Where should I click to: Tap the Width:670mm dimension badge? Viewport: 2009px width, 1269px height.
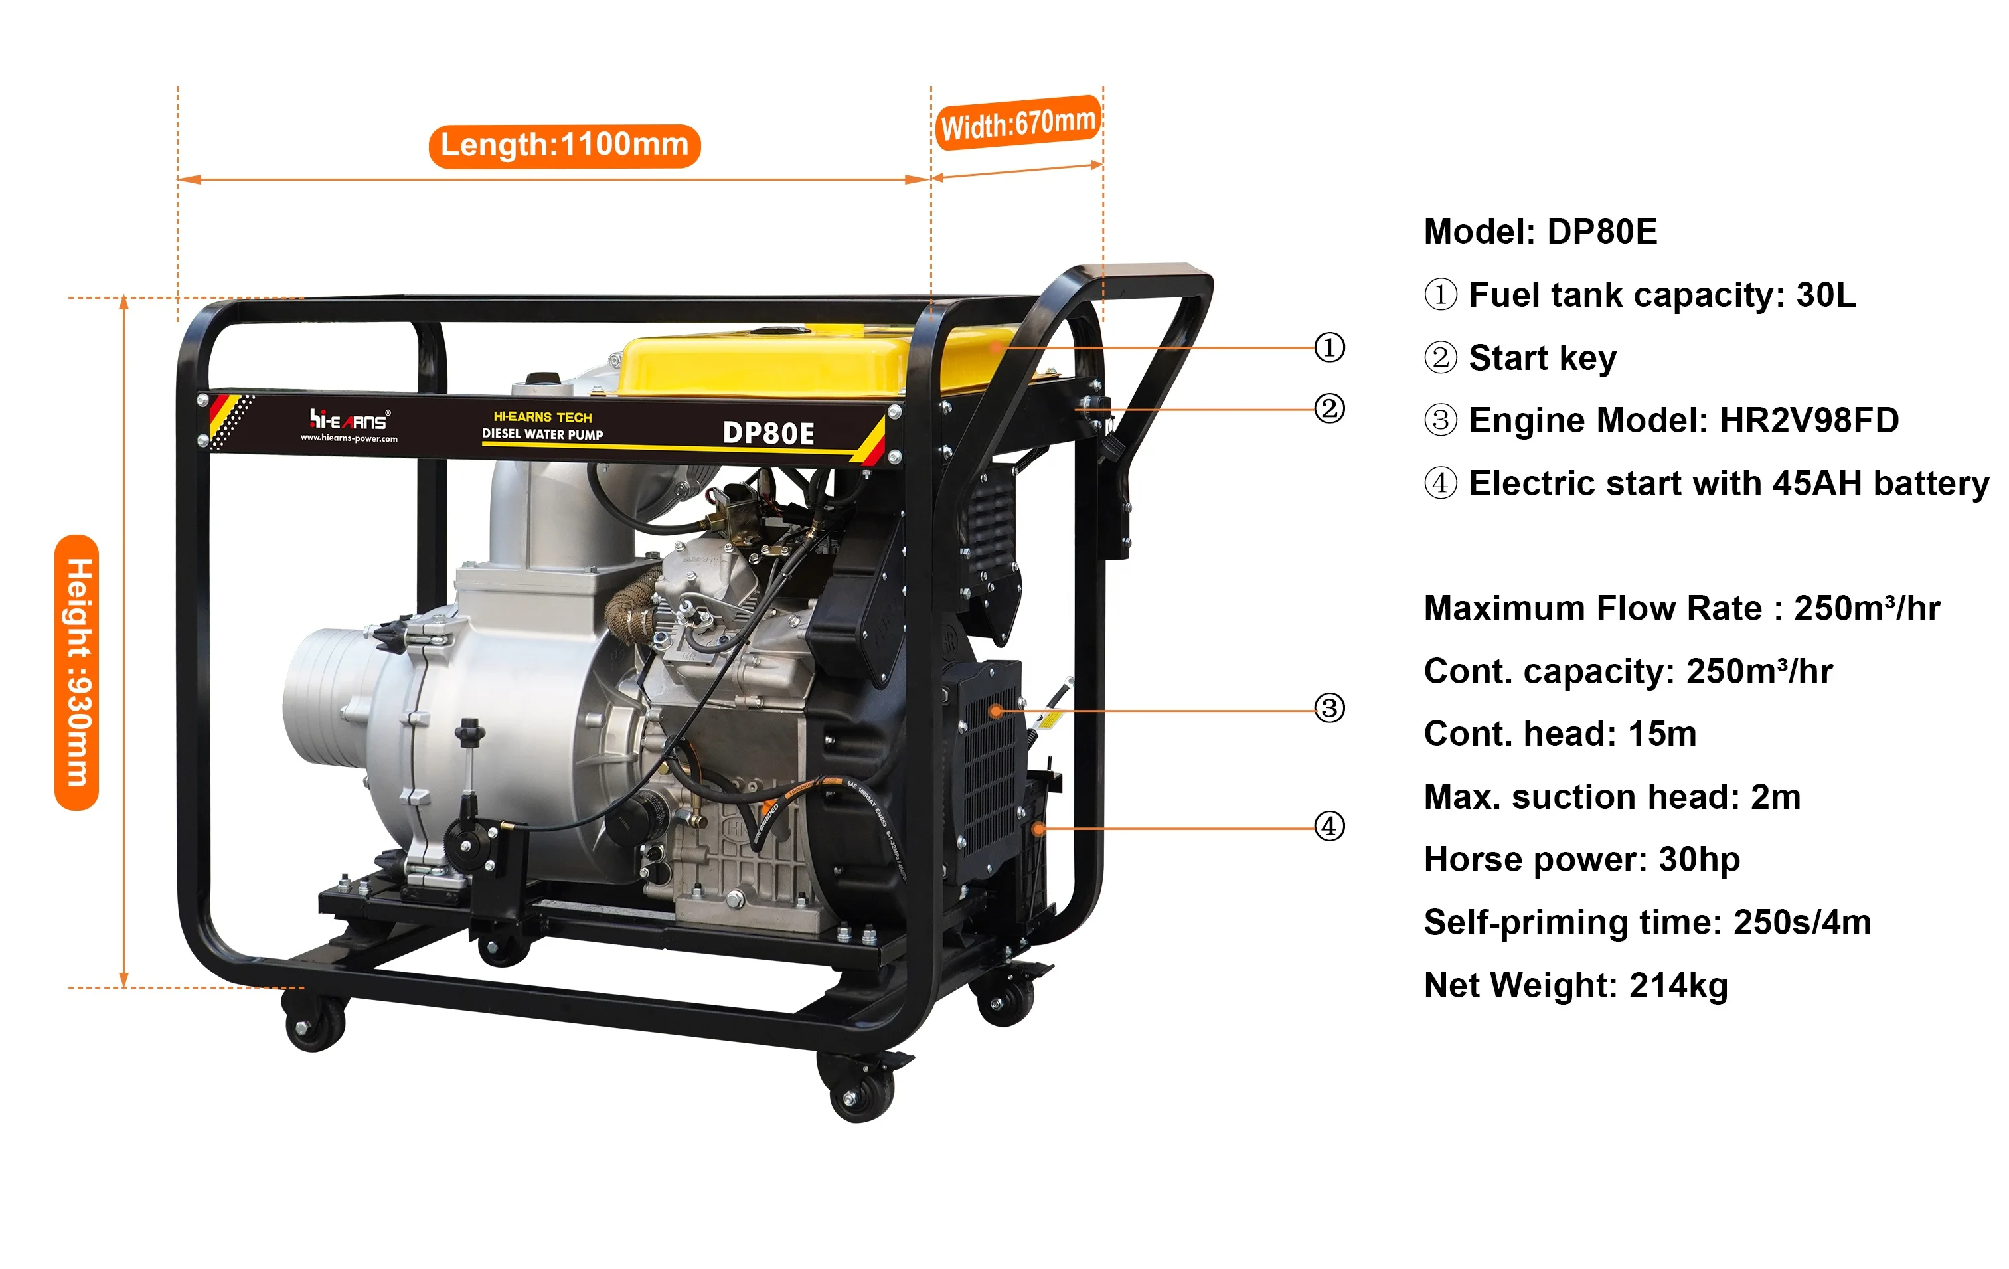[1017, 124]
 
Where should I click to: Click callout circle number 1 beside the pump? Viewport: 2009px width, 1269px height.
[1329, 347]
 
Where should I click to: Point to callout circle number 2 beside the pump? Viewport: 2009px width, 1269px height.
[1329, 409]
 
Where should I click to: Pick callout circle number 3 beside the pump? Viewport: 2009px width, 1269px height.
[1329, 709]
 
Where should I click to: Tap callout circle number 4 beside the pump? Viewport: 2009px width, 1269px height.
[1329, 827]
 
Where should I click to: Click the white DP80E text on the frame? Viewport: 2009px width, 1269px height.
[767, 433]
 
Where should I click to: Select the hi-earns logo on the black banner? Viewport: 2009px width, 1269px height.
[349, 424]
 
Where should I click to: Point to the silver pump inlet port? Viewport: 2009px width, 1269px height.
[325, 697]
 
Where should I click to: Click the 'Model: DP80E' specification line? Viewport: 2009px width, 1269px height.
[1540, 232]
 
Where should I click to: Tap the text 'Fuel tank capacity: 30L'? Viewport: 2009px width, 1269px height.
[1662, 296]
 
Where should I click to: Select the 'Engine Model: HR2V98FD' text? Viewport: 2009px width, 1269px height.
[1683, 420]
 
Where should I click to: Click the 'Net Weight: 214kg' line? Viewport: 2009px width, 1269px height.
[1575, 985]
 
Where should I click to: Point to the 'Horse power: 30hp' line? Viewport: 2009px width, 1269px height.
[1582, 859]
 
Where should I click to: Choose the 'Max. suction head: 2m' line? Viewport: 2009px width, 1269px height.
[1612, 797]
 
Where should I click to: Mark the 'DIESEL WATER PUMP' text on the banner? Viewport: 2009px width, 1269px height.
[542, 435]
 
